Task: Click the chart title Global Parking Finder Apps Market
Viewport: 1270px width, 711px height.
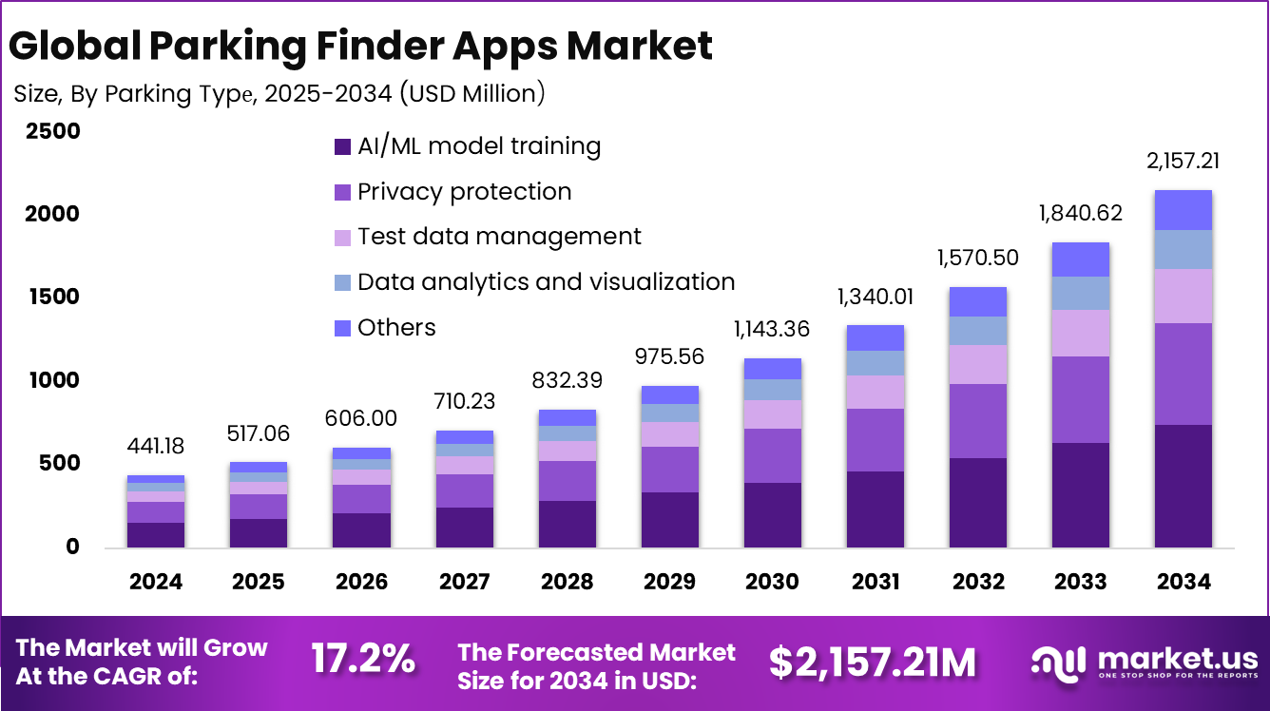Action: pyautogui.click(x=362, y=46)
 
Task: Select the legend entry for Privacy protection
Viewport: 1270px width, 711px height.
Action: pyautogui.click(x=464, y=192)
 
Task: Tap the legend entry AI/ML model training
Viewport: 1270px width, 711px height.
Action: pyautogui.click(x=478, y=146)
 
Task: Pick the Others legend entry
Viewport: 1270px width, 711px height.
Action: pyautogui.click(x=395, y=328)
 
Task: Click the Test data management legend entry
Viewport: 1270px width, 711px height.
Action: pyautogui.click(x=498, y=237)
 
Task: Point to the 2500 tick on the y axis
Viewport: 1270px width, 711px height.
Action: pyautogui.click(x=53, y=131)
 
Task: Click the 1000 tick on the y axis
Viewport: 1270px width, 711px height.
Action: pyautogui.click(x=53, y=381)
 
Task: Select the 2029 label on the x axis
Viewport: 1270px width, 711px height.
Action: pyautogui.click(x=669, y=582)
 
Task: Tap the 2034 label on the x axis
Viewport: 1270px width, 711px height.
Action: pyautogui.click(x=1183, y=582)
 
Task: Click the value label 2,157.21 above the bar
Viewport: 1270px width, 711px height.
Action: pyautogui.click(x=1182, y=161)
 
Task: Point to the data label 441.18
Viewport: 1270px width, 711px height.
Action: pyautogui.click(x=156, y=447)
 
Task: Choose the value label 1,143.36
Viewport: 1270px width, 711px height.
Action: pyautogui.click(x=772, y=329)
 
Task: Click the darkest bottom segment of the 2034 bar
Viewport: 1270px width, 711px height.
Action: pyautogui.click(x=1183, y=485)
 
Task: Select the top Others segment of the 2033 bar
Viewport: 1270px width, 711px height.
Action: pyautogui.click(x=1081, y=259)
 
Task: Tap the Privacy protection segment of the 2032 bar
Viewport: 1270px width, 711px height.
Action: pyautogui.click(x=978, y=421)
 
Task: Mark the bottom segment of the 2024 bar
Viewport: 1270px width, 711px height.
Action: pyautogui.click(x=156, y=534)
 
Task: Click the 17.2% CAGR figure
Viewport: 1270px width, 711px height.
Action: pyautogui.click(x=363, y=659)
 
